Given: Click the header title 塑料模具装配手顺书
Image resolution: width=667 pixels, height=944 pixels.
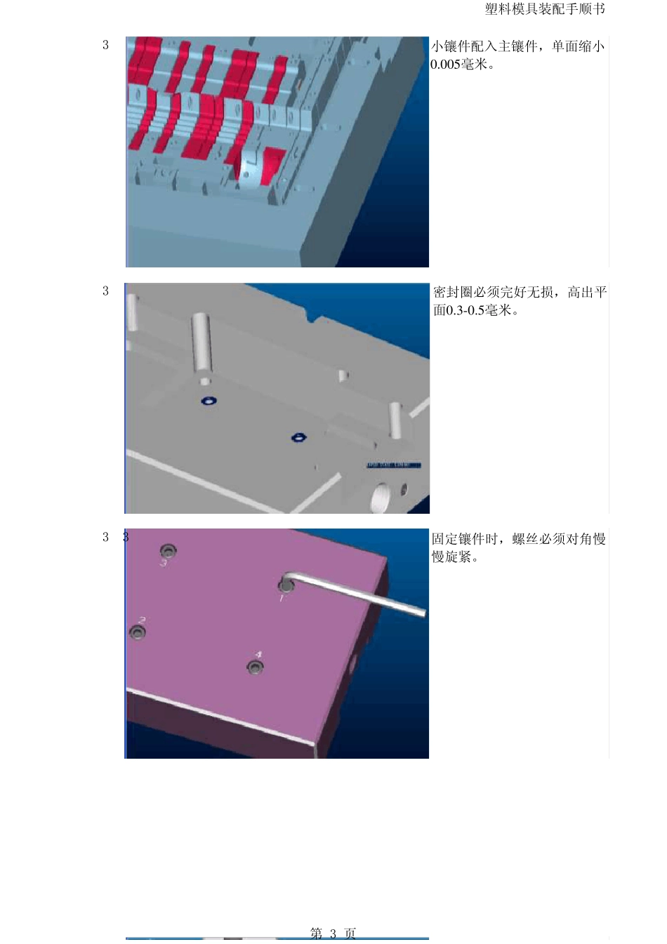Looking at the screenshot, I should pyautogui.click(x=544, y=9).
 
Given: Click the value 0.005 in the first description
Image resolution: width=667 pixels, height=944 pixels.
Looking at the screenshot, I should pyautogui.click(x=445, y=65).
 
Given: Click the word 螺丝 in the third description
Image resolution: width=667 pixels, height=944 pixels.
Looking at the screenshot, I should pyautogui.click(x=525, y=539).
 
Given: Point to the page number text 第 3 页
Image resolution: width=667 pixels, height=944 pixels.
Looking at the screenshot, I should pyautogui.click(x=333, y=933).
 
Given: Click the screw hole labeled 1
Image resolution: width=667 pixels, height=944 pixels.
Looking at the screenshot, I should pyautogui.click(x=286, y=585).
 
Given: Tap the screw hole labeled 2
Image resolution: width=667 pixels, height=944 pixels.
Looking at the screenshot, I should pyautogui.click(x=138, y=632).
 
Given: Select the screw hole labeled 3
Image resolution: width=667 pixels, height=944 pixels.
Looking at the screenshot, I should pyautogui.click(x=167, y=550).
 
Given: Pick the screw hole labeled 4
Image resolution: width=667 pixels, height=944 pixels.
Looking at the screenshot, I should pyautogui.click(x=255, y=666).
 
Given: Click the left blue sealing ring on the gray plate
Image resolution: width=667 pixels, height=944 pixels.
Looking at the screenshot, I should pyautogui.click(x=209, y=401).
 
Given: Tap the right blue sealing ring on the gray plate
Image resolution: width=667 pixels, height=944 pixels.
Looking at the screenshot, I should pyautogui.click(x=298, y=438).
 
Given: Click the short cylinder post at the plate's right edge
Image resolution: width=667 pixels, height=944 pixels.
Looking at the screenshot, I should pyautogui.click(x=395, y=420).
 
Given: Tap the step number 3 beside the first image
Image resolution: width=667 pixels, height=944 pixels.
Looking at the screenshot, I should pyautogui.click(x=105, y=45).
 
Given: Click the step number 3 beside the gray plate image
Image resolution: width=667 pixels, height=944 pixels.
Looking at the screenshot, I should pyautogui.click(x=105, y=291).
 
